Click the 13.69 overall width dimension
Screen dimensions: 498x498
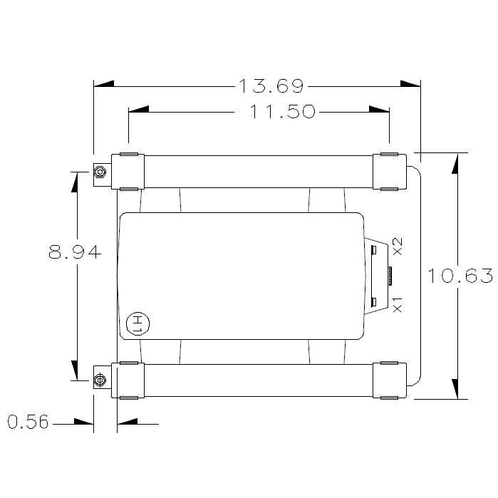click(x=271, y=87)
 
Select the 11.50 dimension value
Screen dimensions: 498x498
click(x=283, y=112)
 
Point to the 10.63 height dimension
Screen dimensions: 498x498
click(x=460, y=276)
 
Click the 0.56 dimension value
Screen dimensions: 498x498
click(x=28, y=423)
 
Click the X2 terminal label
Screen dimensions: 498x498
click(x=398, y=246)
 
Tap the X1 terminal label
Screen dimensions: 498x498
click(x=398, y=304)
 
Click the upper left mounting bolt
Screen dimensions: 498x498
click(x=100, y=172)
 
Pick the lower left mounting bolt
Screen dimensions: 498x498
click(x=100, y=379)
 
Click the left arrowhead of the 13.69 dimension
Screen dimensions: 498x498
click(x=104, y=84)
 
